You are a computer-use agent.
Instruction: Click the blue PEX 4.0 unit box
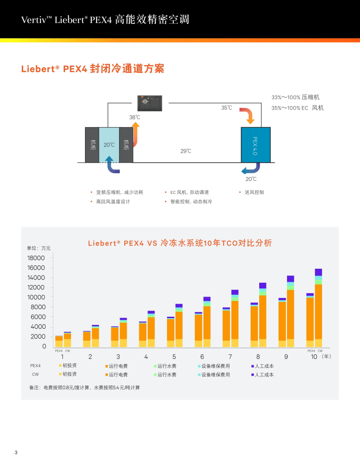(x=255, y=145)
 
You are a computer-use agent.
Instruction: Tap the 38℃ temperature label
(x=134, y=117)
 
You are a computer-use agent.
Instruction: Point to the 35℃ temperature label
(x=227, y=108)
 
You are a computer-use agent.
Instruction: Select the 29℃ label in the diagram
(x=186, y=151)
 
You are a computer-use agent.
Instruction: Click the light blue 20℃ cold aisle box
(x=109, y=144)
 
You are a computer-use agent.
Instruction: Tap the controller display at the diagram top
(x=150, y=102)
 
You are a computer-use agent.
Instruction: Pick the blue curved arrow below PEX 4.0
(x=250, y=169)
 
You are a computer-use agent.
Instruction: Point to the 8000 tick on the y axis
(x=38, y=307)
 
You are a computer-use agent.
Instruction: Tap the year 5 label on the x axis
(x=174, y=357)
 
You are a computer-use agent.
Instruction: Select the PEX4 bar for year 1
(x=59, y=341)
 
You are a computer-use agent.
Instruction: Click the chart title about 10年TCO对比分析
(x=180, y=243)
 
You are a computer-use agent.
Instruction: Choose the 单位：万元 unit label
(x=38, y=248)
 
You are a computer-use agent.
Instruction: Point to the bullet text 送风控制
(x=254, y=192)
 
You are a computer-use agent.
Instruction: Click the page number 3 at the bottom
(x=16, y=453)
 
